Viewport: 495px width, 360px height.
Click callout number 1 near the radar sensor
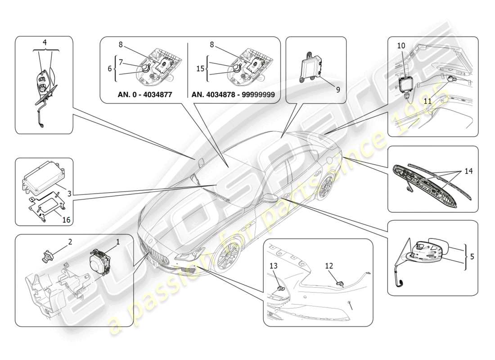point(118,242)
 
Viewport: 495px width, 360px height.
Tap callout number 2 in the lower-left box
point(70,242)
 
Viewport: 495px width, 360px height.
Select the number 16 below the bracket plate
point(66,220)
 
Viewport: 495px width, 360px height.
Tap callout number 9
point(337,89)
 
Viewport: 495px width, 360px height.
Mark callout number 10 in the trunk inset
point(401,45)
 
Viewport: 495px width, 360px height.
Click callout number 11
point(427,101)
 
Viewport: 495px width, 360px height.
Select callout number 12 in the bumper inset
point(329,265)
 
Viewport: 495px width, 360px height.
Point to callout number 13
point(274,265)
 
